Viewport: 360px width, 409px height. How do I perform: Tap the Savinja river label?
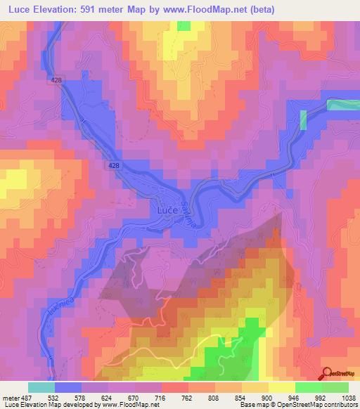pos(186,211)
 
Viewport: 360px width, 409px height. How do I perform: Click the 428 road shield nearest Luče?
pos(114,164)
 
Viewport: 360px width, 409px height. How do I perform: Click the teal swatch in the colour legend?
pos(41,387)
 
